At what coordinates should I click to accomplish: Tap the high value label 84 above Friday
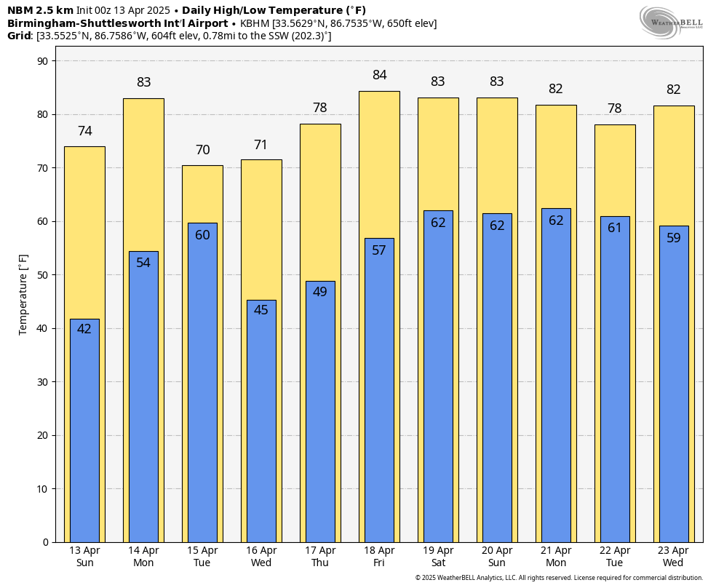[379, 75]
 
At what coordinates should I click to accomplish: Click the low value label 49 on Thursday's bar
[320, 292]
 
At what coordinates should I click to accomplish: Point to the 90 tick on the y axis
[41, 61]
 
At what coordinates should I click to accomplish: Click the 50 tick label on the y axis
[41, 275]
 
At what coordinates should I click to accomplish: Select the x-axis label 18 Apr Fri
[379, 557]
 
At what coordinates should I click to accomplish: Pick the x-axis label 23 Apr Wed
[673, 557]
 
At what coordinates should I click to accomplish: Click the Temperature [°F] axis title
[23, 294]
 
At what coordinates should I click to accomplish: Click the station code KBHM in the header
[255, 23]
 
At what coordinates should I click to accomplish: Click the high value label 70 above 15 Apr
[202, 150]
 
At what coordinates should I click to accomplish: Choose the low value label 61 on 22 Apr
[615, 228]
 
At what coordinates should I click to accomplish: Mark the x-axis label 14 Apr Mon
[143, 557]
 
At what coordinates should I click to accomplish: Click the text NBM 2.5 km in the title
[40, 10]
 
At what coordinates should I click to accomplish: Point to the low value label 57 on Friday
[379, 250]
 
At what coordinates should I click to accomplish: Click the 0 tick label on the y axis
[44, 542]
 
